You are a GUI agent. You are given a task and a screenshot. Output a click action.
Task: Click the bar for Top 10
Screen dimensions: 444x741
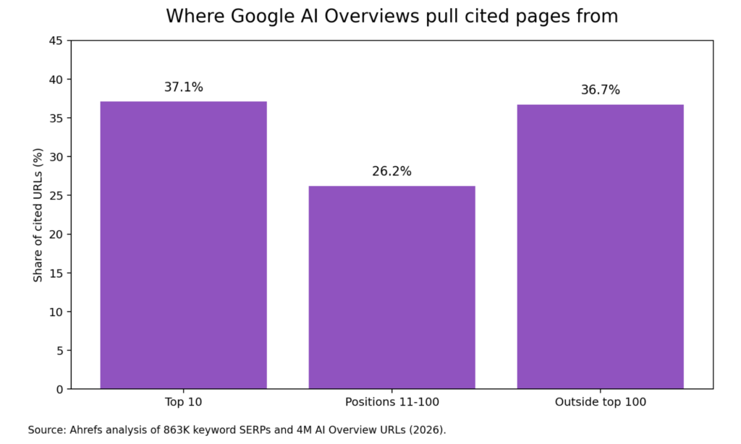pyautogui.click(x=183, y=245)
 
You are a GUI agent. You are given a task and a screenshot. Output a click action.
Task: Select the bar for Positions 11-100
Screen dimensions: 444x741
pyautogui.click(x=391, y=287)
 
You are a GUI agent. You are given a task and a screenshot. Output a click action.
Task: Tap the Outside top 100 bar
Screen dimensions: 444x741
pyautogui.click(x=600, y=247)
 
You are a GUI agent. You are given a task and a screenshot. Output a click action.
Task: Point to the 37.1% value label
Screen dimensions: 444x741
pyautogui.click(x=183, y=87)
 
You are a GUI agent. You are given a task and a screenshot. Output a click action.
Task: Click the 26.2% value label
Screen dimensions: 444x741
pyautogui.click(x=391, y=171)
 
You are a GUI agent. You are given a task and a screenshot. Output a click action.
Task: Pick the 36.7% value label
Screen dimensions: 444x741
pyautogui.click(x=600, y=90)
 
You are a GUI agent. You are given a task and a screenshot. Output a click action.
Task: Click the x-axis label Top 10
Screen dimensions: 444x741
pyautogui.click(x=183, y=402)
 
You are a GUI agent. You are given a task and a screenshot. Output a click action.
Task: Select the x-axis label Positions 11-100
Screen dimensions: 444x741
pyautogui.click(x=391, y=402)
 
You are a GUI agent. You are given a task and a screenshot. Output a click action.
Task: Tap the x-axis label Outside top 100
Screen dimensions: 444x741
pyautogui.click(x=600, y=402)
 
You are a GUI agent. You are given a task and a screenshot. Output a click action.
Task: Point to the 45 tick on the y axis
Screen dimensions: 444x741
pyautogui.click(x=55, y=40)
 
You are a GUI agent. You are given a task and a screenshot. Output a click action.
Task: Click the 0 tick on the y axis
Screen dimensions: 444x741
pyautogui.click(x=59, y=389)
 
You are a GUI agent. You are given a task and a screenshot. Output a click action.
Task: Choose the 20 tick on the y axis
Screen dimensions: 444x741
pyautogui.click(x=55, y=234)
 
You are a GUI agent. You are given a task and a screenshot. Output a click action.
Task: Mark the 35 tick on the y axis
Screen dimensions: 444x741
pyautogui.click(x=55, y=118)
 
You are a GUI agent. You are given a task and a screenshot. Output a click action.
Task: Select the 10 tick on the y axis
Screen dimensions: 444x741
pyautogui.click(x=55, y=312)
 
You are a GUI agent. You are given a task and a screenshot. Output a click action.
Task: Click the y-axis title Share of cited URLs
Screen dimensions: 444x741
pyautogui.click(x=38, y=215)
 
